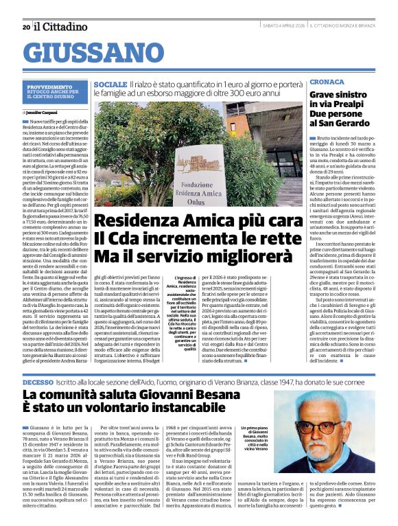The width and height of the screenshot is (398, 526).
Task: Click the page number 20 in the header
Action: (26, 27)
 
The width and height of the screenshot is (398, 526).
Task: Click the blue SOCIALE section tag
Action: (110, 83)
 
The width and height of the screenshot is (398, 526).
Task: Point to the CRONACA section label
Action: (327, 82)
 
